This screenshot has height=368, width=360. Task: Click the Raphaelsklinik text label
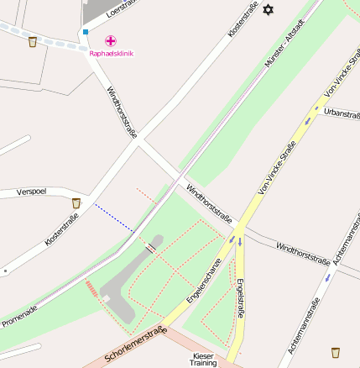[x=111, y=54]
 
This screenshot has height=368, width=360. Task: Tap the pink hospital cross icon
[x=111, y=40]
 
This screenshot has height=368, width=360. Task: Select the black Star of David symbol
[x=269, y=9]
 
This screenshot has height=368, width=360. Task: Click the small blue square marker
[x=85, y=32]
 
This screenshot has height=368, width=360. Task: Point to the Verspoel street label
[x=31, y=192]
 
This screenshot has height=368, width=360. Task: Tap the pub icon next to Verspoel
[x=76, y=202]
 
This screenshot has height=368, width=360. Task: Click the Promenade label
[x=19, y=316]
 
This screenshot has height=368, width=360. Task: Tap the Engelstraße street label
[x=241, y=297]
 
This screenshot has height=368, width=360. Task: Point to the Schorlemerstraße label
[x=133, y=344]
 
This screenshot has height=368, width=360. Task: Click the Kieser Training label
[x=203, y=360]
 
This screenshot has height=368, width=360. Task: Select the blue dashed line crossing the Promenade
[x=113, y=218]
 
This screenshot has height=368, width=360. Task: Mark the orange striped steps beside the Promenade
[x=91, y=289]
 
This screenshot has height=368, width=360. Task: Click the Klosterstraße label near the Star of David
[x=243, y=20]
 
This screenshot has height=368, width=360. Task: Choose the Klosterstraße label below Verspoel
[x=61, y=230]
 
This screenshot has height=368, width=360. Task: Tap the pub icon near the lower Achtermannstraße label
[x=336, y=351]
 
